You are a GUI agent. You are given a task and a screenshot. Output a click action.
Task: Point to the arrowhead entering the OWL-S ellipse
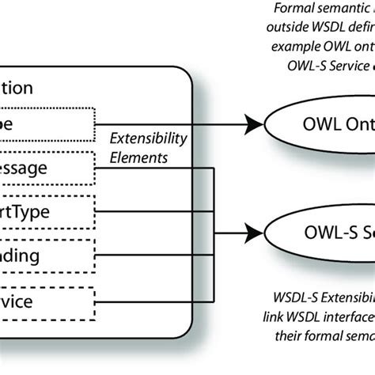click(x=255, y=234)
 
